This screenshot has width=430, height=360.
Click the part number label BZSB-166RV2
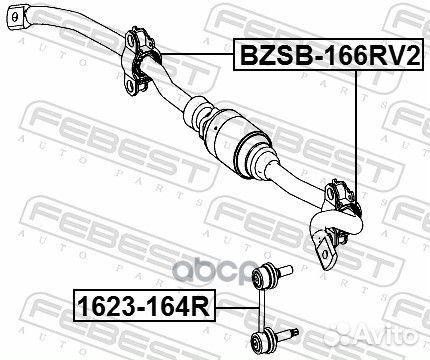329,54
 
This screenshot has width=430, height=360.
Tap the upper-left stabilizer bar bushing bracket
138,61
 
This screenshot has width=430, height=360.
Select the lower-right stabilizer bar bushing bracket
343,211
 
